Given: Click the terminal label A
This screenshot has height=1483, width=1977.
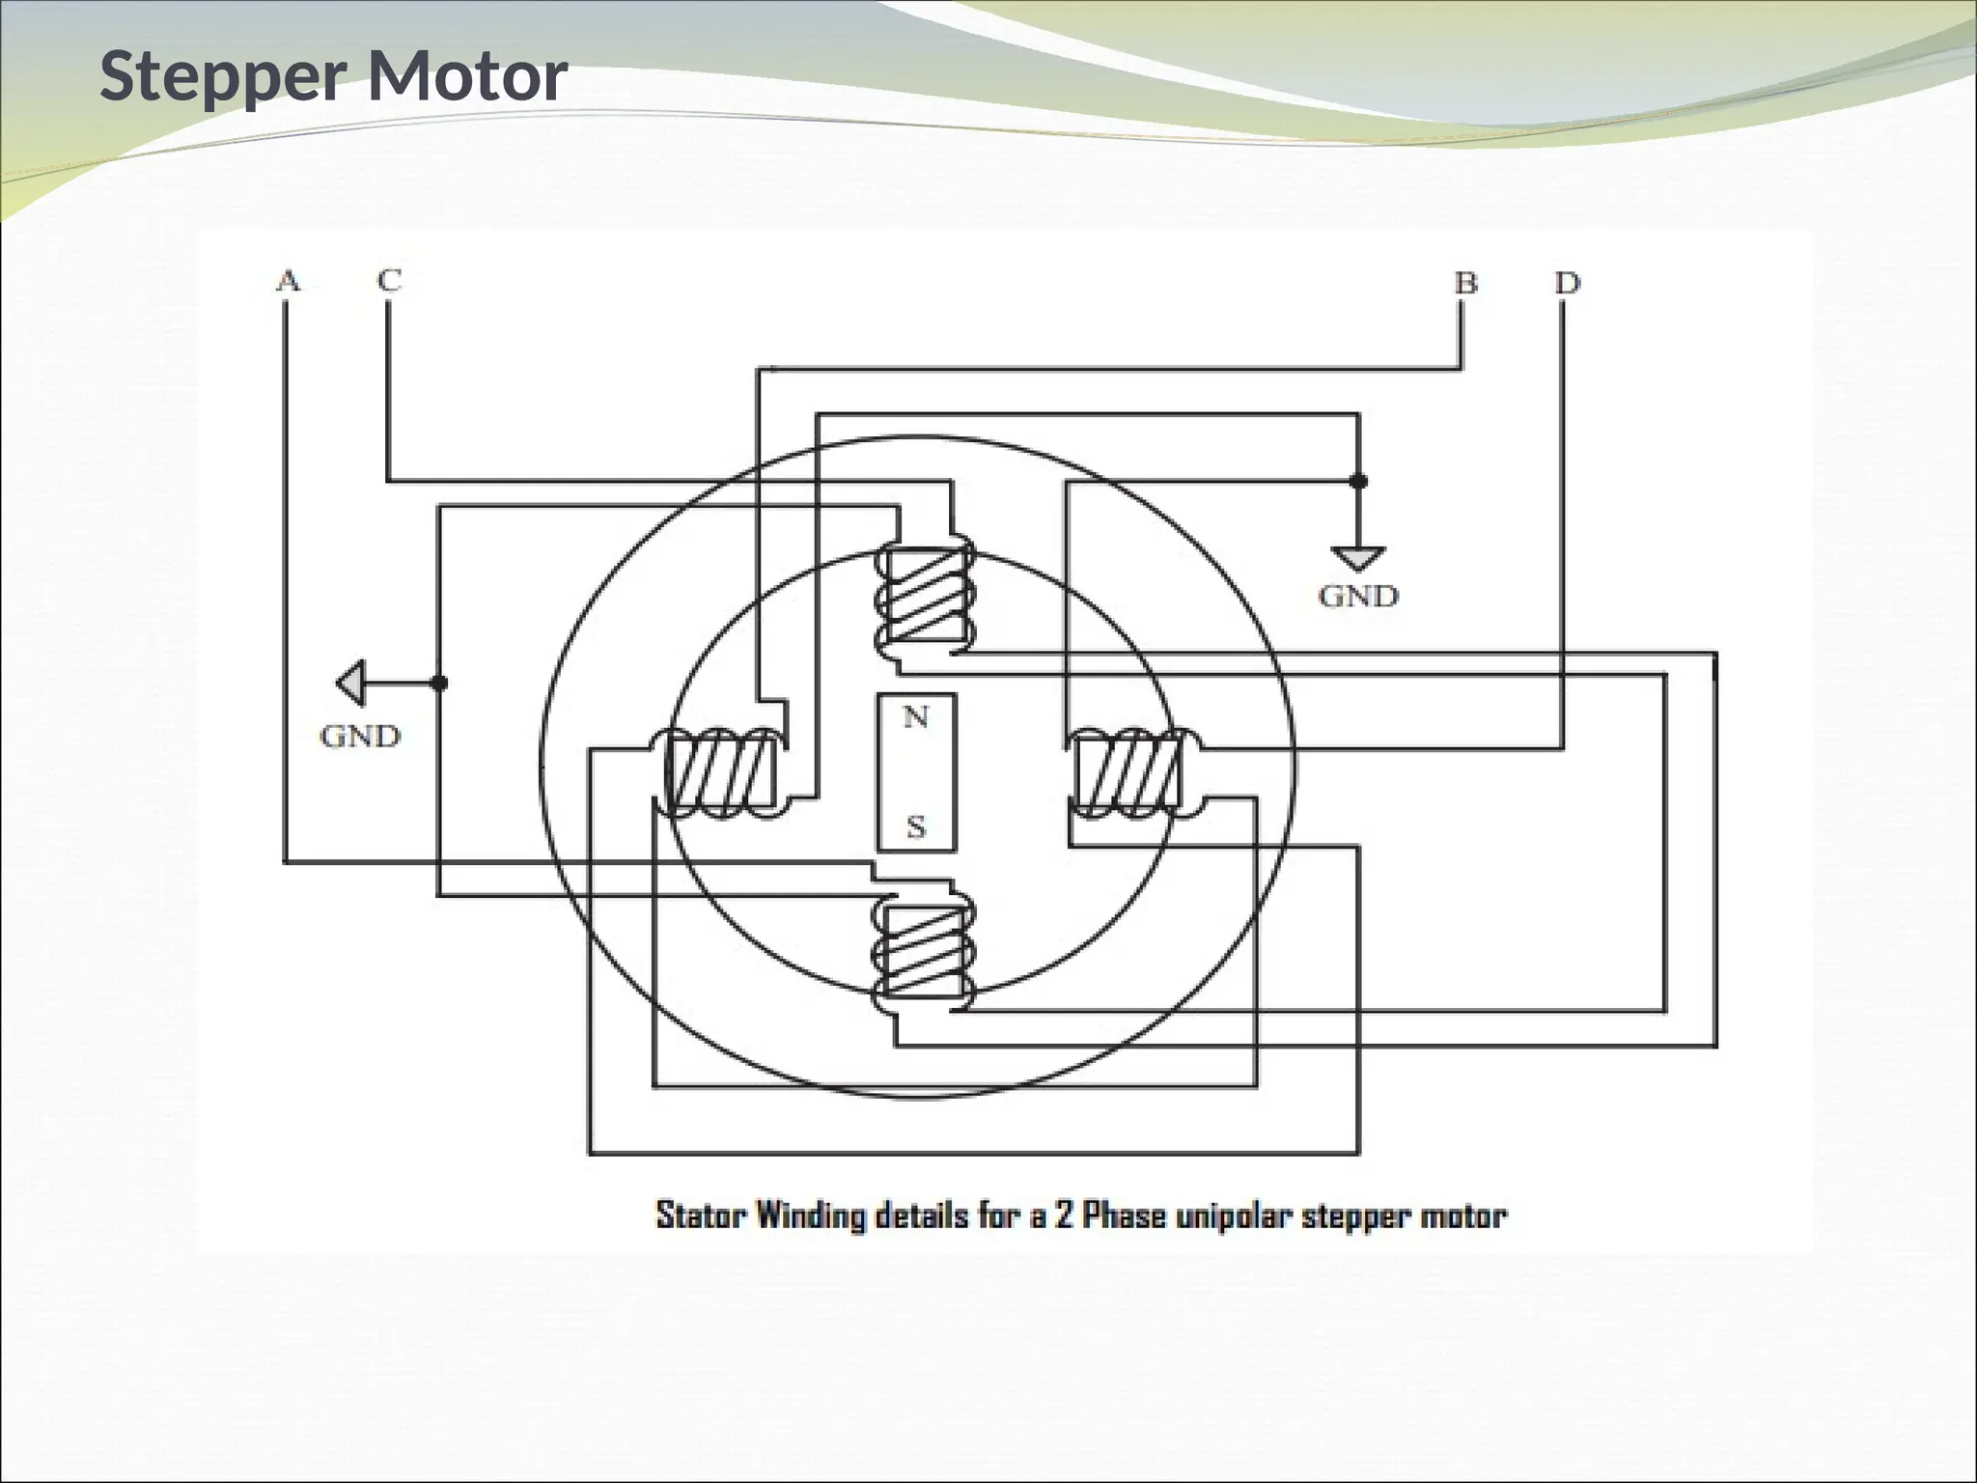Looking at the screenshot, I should [x=288, y=281].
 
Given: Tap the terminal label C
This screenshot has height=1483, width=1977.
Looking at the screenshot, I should [x=389, y=280].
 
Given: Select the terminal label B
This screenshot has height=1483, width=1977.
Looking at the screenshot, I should [x=1465, y=283].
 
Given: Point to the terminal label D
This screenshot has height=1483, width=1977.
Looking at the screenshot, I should [x=1567, y=283].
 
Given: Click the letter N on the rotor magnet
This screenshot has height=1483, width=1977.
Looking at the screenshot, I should [x=915, y=717].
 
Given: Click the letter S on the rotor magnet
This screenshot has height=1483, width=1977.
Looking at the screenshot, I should [x=916, y=826].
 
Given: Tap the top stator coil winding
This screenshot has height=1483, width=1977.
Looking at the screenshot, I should [x=924, y=595].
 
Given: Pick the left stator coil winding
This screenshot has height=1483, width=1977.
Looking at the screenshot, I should [x=720, y=775].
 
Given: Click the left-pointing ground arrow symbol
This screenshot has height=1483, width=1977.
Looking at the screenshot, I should [x=351, y=683].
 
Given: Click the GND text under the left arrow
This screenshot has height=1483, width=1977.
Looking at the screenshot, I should [x=360, y=737].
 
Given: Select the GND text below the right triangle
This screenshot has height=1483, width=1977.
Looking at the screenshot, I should [x=1358, y=597].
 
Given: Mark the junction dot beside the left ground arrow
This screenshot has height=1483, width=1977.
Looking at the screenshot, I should [x=439, y=683].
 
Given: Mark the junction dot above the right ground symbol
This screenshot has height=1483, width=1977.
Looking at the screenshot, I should [x=1358, y=481].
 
